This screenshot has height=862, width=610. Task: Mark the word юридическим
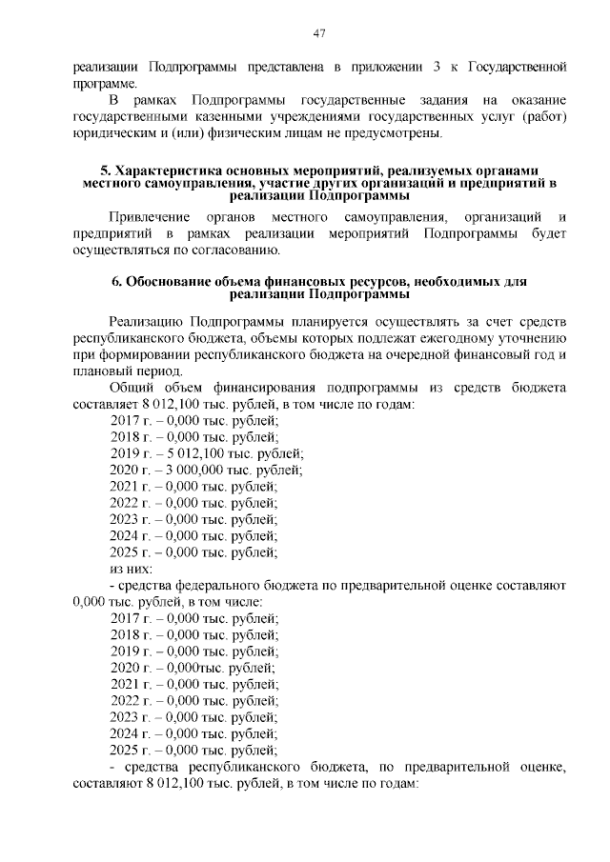click(115, 132)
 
